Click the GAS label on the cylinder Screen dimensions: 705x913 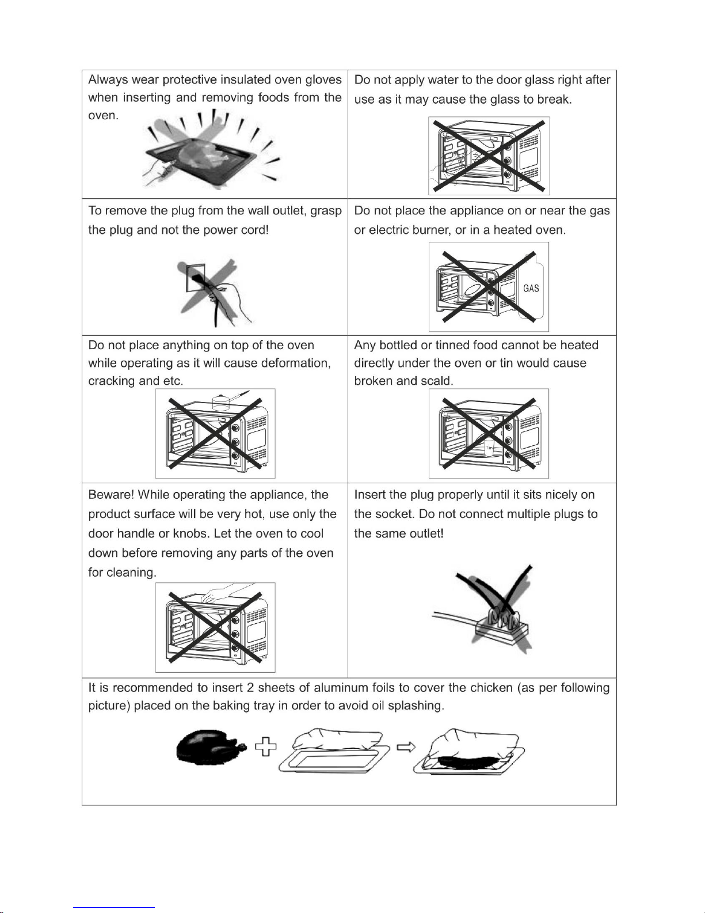point(531,288)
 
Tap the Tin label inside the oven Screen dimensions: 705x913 point(489,448)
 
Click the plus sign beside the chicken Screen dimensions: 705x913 point(266,747)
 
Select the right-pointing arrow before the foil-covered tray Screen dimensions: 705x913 point(406,747)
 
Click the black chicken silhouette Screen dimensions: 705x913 point(211,747)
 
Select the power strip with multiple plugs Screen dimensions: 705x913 point(501,630)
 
